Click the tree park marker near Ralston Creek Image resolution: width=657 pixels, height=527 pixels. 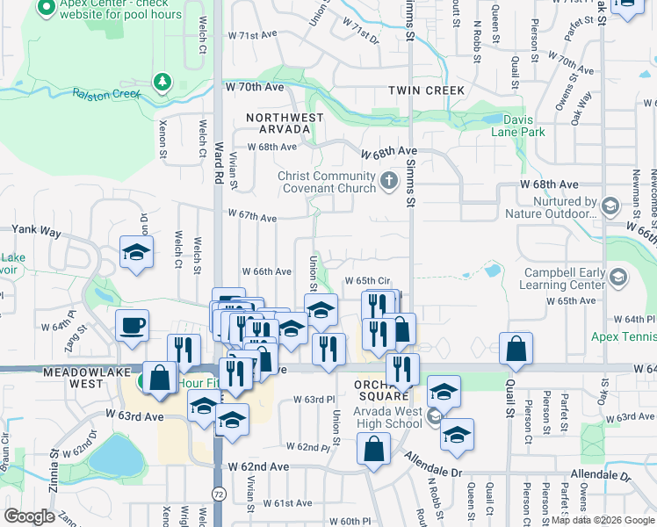162,83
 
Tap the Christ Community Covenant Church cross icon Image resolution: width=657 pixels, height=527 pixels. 389,183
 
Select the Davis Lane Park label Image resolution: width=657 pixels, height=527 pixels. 523,126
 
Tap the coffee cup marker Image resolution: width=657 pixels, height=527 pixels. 133,326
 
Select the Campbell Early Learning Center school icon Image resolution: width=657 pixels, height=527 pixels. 617,278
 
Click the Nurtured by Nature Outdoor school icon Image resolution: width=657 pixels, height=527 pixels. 610,206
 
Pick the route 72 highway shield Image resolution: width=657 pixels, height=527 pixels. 217,497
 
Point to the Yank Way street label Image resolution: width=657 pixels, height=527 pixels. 36,231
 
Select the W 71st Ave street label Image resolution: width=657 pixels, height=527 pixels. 252,36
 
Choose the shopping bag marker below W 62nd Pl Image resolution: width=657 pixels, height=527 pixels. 374,449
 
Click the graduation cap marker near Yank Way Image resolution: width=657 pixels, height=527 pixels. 136,253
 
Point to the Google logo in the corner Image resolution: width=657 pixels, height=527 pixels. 29,516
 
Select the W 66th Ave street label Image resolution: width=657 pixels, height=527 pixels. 266,271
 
